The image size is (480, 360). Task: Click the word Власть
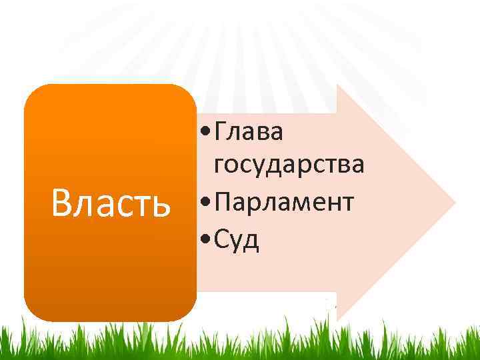coord(111,203)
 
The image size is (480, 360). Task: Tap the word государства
coord(289,165)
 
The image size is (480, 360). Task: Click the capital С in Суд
coord(222,238)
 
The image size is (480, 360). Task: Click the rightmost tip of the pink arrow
coord(455,202)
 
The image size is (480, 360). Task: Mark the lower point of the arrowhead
coord(337,319)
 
